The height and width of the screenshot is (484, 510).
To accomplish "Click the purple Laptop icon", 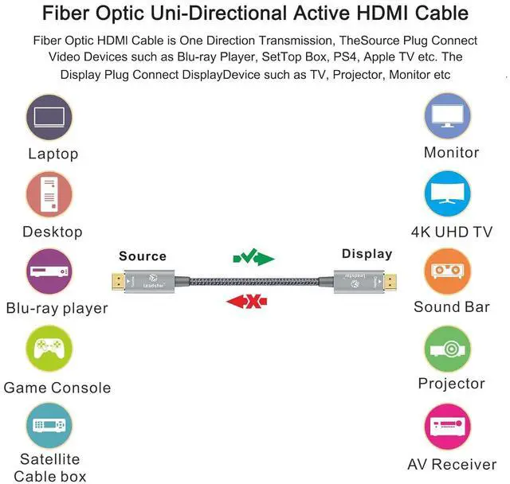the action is click(49, 118).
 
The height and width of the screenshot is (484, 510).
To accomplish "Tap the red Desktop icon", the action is click(49, 196).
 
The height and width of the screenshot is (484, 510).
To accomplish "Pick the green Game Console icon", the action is click(49, 349).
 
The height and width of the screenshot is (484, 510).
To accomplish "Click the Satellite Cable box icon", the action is click(49, 426).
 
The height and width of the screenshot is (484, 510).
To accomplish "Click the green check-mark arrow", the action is click(253, 257).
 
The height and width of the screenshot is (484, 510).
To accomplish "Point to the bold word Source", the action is click(143, 256).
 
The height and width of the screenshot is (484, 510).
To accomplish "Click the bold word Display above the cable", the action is click(367, 254).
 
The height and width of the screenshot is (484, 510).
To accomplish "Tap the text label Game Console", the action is click(57, 388).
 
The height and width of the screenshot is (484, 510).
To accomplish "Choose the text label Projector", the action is click(451, 384).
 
